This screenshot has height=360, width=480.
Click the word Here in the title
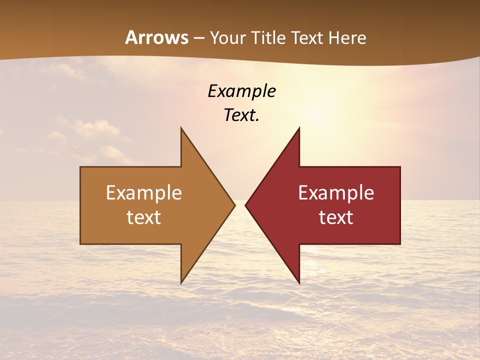click(x=347, y=37)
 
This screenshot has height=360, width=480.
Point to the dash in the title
click(x=199, y=38)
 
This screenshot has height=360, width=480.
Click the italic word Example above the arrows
click(x=241, y=91)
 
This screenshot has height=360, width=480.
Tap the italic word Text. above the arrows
click(x=241, y=115)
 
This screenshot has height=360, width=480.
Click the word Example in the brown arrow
click(x=144, y=193)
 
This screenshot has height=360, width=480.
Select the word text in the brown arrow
click(x=144, y=217)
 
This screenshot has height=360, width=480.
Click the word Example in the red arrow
click(x=336, y=193)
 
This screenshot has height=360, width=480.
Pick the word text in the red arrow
click(x=336, y=217)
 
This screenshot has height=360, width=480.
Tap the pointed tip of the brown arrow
click(x=235, y=205)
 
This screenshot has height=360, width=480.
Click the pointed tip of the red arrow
click(x=245, y=205)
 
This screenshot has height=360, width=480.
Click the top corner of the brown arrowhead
click(x=181, y=128)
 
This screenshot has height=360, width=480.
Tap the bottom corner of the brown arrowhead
click(x=181, y=283)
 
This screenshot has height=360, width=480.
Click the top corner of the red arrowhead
click(x=299, y=128)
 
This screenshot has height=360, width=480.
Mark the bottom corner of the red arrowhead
click(x=299, y=283)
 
